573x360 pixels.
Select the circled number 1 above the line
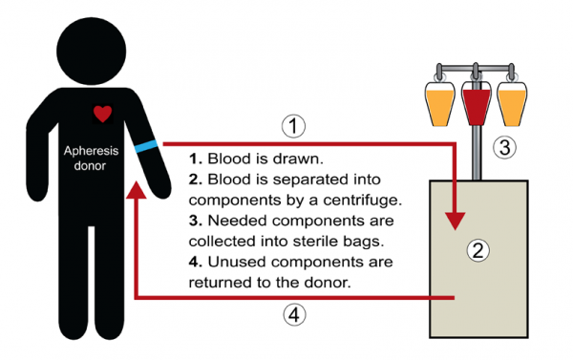295,125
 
